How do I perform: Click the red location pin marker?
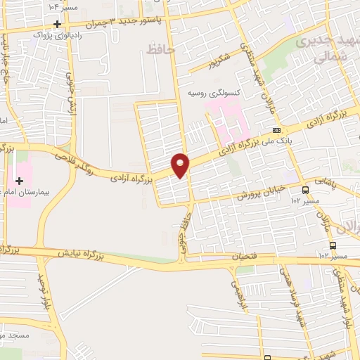coord(181,165)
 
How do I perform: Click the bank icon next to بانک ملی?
coord(277,130)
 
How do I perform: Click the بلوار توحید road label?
coord(41,295)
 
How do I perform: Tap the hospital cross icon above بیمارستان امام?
coord(20,181)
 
